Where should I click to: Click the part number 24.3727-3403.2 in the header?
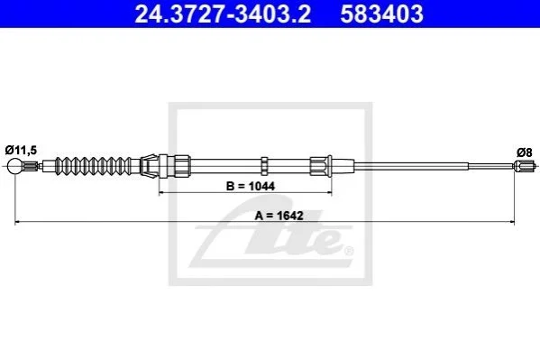[223, 14]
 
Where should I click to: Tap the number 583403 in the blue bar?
[381, 14]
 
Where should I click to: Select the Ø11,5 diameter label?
[21, 150]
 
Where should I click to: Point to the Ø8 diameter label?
[524, 152]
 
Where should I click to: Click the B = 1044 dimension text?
[251, 186]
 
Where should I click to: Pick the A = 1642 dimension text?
[279, 216]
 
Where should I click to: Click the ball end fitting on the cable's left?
[14, 166]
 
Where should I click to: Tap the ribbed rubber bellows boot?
[94, 166]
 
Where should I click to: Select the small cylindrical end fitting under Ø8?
[524, 166]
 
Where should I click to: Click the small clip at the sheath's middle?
[264, 166]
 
